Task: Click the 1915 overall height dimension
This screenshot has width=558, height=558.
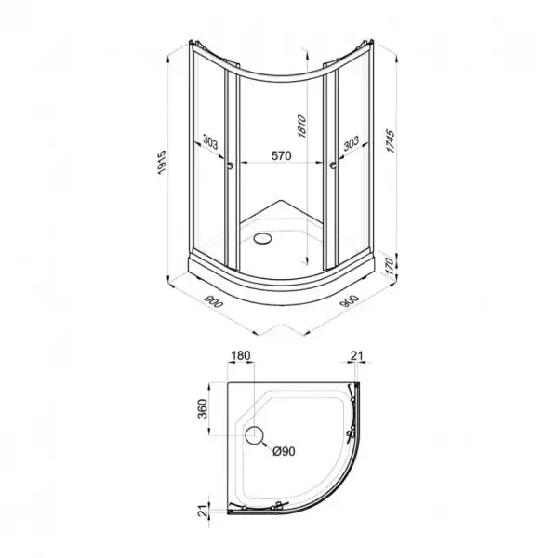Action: pos(162,162)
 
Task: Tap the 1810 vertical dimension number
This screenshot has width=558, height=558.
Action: pos(301,126)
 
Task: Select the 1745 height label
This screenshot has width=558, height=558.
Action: pos(391,141)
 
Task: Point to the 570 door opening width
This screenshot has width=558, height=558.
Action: pos(281,155)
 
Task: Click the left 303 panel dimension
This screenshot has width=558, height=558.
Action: pos(210,142)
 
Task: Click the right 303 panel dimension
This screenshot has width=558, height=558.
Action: pos(352,143)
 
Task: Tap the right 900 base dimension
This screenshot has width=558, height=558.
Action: pos(350,301)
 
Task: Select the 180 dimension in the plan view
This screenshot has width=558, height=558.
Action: pos(241,355)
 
